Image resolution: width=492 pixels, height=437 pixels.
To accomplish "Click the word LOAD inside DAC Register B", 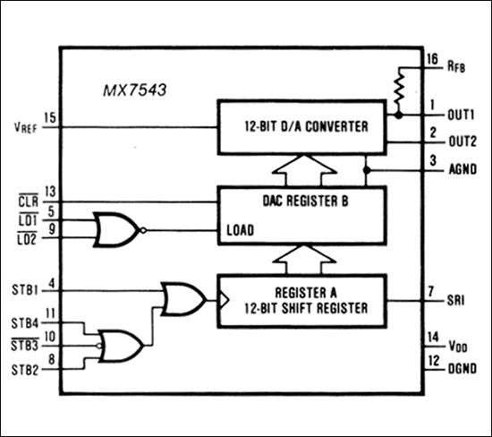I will pyautogui.click(x=241, y=229).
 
